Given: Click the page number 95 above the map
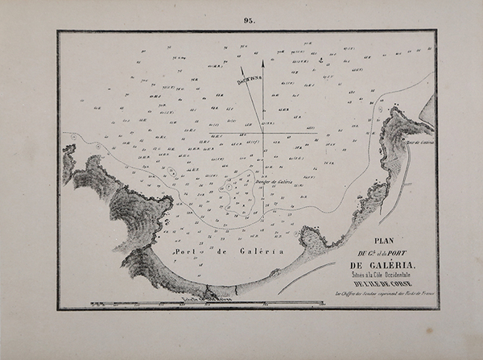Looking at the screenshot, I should click(x=247, y=22).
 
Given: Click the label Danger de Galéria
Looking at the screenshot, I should click(x=272, y=181).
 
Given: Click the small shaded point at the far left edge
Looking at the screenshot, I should click(x=68, y=161).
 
